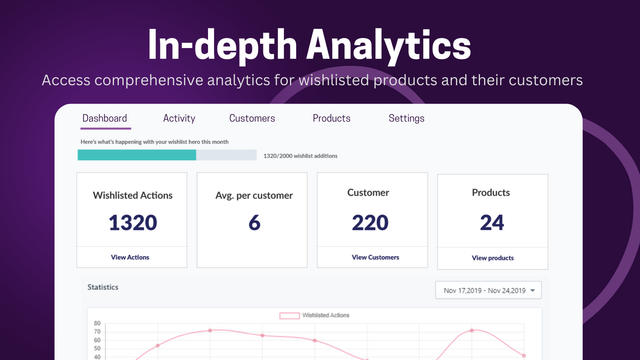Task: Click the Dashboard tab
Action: click(105, 118)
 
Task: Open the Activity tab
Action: click(179, 118)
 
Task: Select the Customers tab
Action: click(252, 118)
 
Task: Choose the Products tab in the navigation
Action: click(331, 118)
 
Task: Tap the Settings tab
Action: click(406, 118)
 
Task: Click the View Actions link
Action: click(130, 257)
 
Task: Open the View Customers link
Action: click(375, 257)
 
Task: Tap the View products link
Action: click(492, 258)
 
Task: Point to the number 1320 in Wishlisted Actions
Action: click(133, 223)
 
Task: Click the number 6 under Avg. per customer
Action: click(254, 223)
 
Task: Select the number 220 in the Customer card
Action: click(370, 223)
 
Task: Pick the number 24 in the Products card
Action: click(492, 223)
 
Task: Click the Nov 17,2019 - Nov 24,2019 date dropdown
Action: click(488, 290)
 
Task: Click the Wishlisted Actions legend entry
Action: click(314, 315)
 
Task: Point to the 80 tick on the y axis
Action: click(97, 323)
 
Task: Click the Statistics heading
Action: click(103, 287)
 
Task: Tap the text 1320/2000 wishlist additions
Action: click(300, 156)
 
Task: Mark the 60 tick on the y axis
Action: click(97, 340)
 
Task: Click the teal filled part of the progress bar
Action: click(136, 155)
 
